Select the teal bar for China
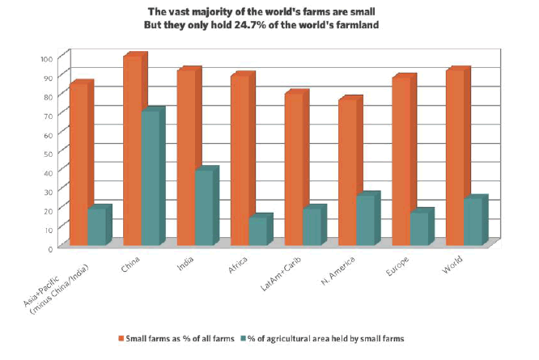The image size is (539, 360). pos(151,178)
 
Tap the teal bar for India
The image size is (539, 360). pos(204,207)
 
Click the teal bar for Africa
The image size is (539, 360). pos(258,231)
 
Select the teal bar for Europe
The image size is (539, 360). pos(419,228)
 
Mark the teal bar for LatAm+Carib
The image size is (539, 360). pos(312,227)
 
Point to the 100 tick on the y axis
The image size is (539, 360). pos(45,58)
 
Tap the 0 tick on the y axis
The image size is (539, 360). pos(49,248)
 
